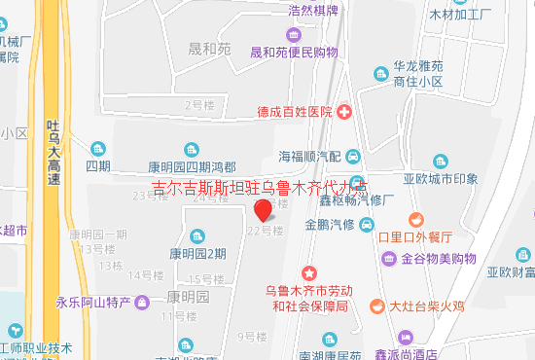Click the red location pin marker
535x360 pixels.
263,211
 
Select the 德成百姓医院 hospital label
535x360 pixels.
295,112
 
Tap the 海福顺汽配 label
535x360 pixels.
309,156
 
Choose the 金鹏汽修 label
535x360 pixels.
327,226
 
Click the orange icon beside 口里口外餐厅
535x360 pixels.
416,218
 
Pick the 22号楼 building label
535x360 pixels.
265,231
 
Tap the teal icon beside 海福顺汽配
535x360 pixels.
354,156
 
